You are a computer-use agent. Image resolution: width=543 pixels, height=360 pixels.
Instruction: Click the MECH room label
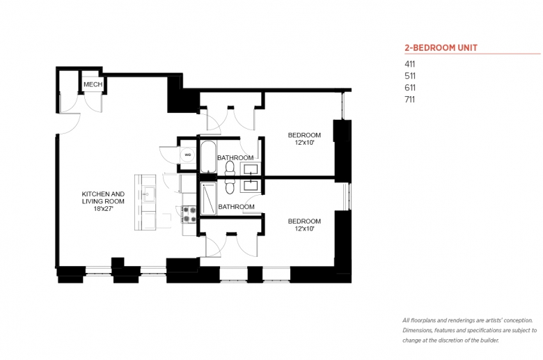(x=93, y=84)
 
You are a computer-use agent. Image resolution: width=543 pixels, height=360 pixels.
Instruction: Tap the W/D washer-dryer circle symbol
(x=188, y=155)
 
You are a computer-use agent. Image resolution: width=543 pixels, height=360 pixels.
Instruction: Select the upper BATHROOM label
(x=235, y=157)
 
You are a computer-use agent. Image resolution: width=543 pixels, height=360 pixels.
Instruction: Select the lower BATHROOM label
(x=236, y=207)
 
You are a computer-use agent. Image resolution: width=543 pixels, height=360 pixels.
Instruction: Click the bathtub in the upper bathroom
(x=207, y=156)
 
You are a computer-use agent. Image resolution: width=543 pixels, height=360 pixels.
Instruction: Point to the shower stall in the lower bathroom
(x=208, y=198)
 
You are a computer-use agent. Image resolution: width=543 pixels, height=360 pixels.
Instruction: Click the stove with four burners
(x=189, y=214)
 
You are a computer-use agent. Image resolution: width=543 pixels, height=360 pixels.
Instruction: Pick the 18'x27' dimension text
(x=103, y=209)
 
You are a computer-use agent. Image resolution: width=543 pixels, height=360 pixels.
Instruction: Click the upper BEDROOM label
(x=304, y=135)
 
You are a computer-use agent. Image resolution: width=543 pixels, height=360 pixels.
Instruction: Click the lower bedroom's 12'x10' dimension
(x=304, y=228)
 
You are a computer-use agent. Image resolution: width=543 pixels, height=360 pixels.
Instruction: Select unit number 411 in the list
(x=409, y=64)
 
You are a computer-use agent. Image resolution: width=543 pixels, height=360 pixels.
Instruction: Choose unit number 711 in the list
(x=409, y=100)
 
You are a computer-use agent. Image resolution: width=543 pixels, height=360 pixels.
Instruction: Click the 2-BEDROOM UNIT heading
(x=441, y=48)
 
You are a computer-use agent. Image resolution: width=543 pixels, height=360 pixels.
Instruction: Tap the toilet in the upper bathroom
(x=230, y=169)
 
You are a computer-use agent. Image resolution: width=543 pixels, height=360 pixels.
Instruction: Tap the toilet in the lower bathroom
(x=230, y=186)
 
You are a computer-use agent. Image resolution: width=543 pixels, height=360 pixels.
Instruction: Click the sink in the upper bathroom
(x=251, y=169)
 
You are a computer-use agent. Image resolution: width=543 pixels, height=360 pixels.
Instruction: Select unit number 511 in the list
(x=409, y=76)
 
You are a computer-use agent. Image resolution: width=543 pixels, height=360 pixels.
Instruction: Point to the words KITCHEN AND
(x=103, y=194)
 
